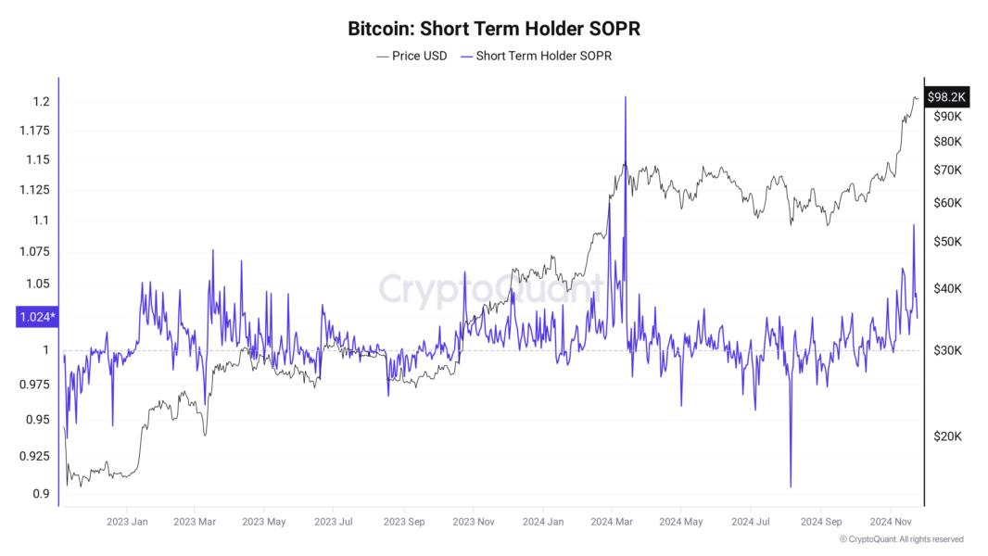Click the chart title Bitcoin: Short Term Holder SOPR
tap(494, 29)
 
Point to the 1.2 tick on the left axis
tap(42, 101)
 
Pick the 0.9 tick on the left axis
tap(42, 493)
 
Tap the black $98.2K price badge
tap(946, 96)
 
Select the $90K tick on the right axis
tap(946, 116)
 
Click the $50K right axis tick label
tap(946, 241)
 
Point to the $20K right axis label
tap(946, 436)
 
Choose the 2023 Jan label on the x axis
tap(127, 522)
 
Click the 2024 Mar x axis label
tap(613, 522)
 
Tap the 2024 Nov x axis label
tap(892, 522)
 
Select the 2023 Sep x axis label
tap(404, 522)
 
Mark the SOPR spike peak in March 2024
tap(626, 97)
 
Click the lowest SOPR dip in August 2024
tap(791, 486)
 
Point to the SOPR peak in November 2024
tap(914, 225)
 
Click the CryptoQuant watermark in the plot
tap(490, 288)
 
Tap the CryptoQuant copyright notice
tap(901, 539)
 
